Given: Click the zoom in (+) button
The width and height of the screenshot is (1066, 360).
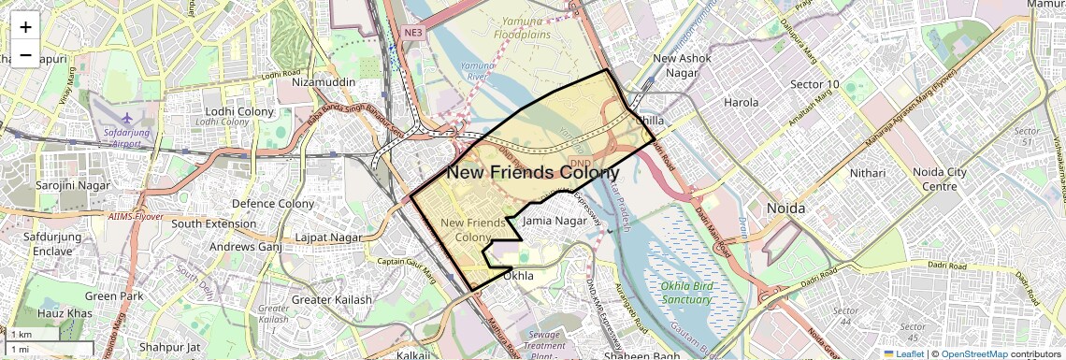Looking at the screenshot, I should pyautogui.click(x=25, y=27).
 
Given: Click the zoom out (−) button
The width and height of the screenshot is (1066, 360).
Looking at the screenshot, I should pyautogui.click(x=25, y=55).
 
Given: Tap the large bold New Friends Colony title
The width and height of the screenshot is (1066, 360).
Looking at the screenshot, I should pyautogui.click(x=532, y=173).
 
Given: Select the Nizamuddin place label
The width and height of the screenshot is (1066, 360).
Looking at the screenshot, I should pyautogui.click(x=324, y=82).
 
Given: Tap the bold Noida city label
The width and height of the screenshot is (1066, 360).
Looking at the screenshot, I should pyautogui.click(x=785, y=209).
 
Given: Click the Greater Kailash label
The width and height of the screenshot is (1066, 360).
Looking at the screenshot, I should pyautogui.click(x=331, y=300).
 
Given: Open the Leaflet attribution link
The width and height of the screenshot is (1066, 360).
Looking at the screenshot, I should pyautogui.click(x=903, y=353).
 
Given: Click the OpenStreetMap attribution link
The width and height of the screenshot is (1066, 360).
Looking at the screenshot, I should pyautogui.click(x=973, y=353).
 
